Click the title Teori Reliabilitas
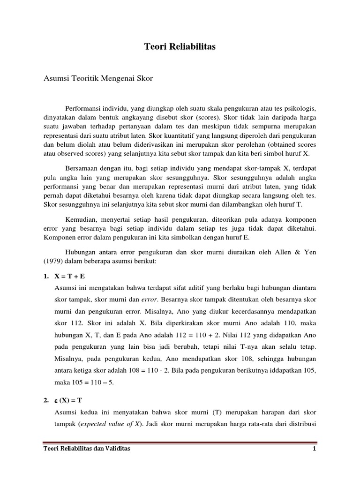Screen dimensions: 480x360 (x=180, y=47)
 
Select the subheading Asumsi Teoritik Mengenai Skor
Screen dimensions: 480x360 (x=98, y=78)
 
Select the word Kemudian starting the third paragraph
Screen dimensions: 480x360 (x=81, y=220)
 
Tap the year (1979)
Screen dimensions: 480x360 (x=54, y=262)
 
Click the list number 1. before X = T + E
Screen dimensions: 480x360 (x=46, y=277)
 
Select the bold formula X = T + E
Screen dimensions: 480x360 (x=70, y=277)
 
